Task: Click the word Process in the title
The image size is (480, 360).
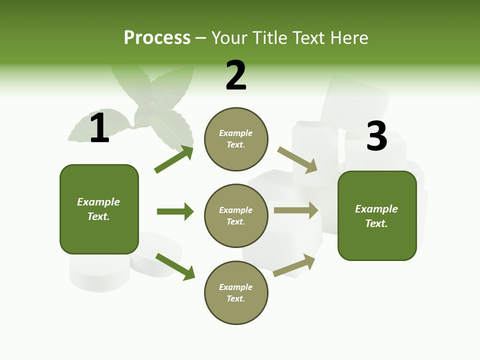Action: pos(157,38)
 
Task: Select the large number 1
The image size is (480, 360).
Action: pos(99,128)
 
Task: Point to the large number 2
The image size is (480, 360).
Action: pos(236,75)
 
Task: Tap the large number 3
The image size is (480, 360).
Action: pos(376,136)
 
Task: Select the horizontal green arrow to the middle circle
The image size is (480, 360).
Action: pos(175,211)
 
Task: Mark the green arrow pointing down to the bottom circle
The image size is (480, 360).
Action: pos(175,266)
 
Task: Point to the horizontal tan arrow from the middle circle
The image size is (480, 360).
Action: pos(296,210)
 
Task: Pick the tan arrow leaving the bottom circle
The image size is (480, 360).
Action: pos(294,265)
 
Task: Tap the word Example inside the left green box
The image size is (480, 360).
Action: pos(98,202)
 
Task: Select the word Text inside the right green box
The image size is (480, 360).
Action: pos(376,223)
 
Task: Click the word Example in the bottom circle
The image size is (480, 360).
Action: pos(236,287)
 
